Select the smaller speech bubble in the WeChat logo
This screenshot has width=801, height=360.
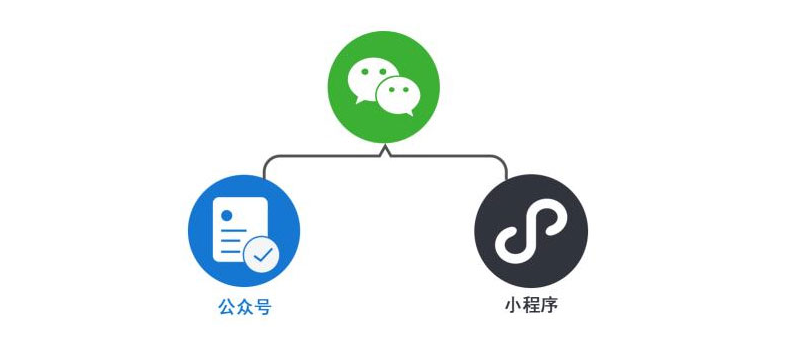[397, 97]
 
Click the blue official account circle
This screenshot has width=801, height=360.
[244, 231]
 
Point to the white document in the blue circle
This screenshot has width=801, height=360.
[237, 228]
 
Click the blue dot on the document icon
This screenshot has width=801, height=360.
[227, 214]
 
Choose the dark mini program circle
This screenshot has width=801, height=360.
[530, 231]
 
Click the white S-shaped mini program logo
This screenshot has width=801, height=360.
[530, 231]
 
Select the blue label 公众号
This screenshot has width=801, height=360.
[244, 307]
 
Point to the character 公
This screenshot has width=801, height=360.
[227, 307]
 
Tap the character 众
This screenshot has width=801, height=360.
[244, 307]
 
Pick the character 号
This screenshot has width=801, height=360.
[262, 307]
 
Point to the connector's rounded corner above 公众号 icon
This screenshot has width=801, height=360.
[268, 160]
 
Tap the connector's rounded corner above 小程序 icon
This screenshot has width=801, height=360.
[502, 160]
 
